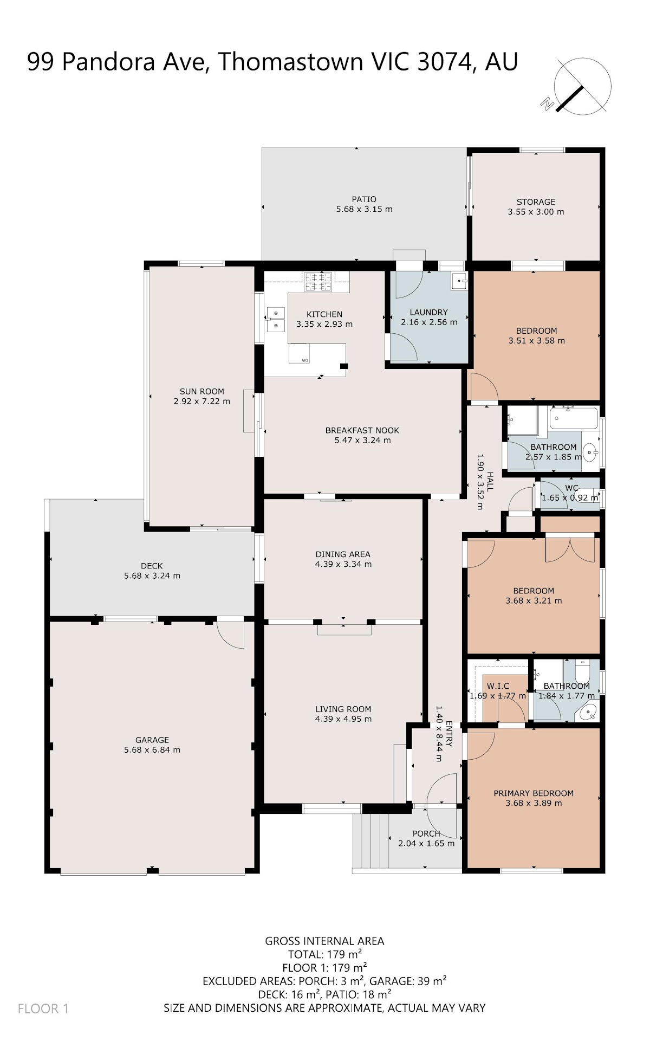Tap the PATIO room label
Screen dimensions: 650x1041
tap(364, 199)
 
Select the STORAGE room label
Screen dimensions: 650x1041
tap(536, 202)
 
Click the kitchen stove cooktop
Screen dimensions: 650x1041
tap(318, 282)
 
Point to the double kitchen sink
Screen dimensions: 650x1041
tap(276, 319)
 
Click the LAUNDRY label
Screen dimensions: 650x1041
tap(428, 312)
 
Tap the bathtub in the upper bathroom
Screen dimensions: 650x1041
tap(574, 418)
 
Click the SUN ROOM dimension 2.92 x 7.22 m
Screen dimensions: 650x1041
tap(202, 402)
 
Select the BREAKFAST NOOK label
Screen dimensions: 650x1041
tap(362, 430)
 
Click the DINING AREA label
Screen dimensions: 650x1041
tap(343, 554)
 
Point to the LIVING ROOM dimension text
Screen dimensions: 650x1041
tap(343, 719)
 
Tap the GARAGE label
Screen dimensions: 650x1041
tap(152, 740)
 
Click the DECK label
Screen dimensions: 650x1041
tap(152, 566)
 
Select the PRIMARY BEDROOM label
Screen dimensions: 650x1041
tap(534, 793)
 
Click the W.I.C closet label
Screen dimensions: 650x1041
tap(498, 686)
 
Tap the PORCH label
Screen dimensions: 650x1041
tap(426, 833)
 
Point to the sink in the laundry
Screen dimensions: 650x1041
tap(459, 281)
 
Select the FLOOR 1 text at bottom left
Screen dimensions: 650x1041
tap(43, 1008)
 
